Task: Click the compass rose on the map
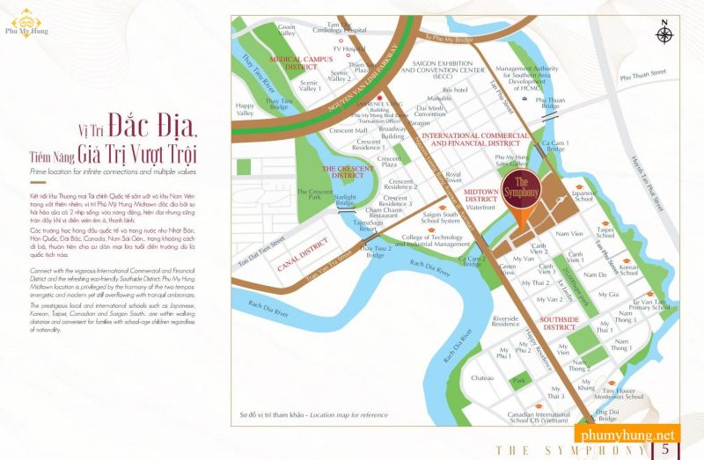click(663, 35)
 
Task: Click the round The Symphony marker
click(522, 189)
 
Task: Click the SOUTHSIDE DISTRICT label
click(559, 324)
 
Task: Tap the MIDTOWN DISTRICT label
click(481, 195)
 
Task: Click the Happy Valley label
click(246, 108)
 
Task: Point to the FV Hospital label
click(354, 49)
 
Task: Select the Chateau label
click(481, 377)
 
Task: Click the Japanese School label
click(584, 197)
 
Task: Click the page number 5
click(665, 449)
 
